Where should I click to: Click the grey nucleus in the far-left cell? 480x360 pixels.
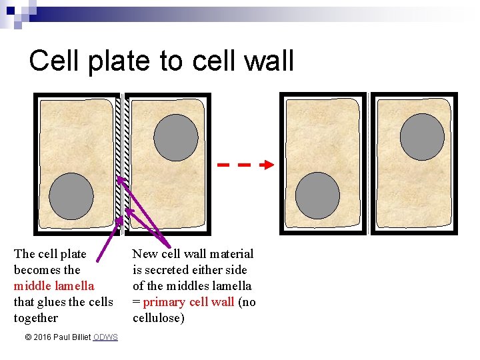coord(71,196)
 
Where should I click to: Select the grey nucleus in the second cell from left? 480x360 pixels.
coord(176,137)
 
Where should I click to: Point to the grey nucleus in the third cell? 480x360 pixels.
coord(317,195)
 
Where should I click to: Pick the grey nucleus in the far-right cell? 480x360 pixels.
coord(422,136)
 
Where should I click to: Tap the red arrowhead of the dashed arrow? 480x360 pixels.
coord(268,164)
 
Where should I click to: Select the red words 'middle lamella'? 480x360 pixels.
coord(54,286)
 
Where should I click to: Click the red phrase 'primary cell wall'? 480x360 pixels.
coord(189,302)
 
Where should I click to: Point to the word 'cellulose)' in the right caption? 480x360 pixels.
coord(159,318)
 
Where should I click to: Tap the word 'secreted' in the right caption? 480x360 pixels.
coord(166,270)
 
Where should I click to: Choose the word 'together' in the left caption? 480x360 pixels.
coord(36,318)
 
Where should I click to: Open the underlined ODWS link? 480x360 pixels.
coord(105,337)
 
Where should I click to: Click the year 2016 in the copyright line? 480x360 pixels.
coord(44,337)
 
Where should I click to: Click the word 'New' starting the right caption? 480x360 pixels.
coord(144,254)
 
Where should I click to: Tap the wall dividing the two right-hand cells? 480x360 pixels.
coord(368,163)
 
